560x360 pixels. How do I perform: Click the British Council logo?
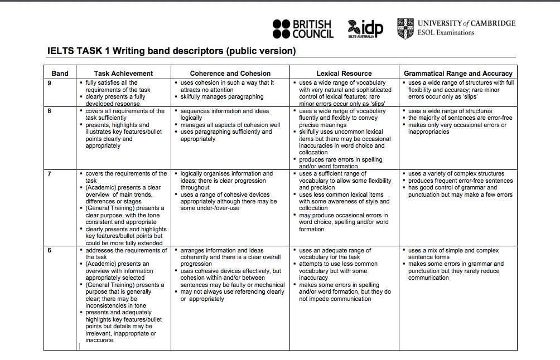pos(303,29)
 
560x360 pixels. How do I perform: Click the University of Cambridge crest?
pos(405,28)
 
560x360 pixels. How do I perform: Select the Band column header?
pos(60,73)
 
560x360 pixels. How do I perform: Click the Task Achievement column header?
pos(123,73)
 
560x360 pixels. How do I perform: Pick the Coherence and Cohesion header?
pos(230,73)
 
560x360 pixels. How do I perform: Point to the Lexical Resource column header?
pos(344,73)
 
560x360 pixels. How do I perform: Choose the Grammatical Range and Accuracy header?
pos(458,73)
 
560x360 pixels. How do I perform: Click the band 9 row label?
pos(50,83)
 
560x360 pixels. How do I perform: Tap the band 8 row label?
pos(50,111)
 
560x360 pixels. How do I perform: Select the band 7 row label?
pos(50,174)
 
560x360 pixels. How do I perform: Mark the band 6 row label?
pos(50,251)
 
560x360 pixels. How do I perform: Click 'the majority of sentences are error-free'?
pos(460,118)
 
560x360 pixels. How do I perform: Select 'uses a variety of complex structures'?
pos(456,174)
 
